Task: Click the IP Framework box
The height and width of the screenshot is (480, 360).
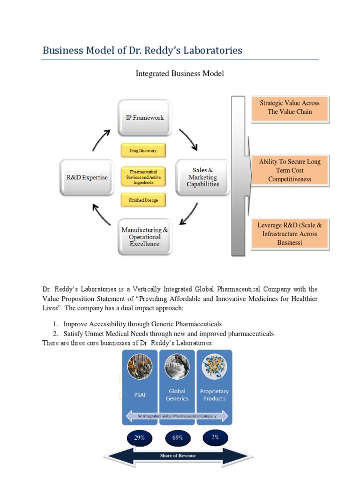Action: click(x=145, y=117)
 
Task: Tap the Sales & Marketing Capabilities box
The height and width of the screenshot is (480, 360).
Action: click(x=202, y=177)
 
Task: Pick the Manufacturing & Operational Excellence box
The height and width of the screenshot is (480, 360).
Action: click(x=145, y=237)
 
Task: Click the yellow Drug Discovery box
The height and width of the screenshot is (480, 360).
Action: click(x=143, y=150)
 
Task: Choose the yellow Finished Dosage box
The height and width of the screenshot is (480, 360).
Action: click(x=143, y=200)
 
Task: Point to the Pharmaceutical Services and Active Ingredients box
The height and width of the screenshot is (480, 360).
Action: click(x=143, y=177)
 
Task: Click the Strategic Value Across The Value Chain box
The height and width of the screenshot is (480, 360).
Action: click(x=290, y=108)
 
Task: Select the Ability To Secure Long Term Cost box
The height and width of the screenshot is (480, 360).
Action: click(x=290, y=170)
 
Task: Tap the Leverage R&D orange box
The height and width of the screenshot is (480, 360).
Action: click(x=290, y=233)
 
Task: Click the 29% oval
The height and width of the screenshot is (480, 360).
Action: click(x=139, y=437)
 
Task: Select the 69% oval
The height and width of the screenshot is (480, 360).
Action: click(x=177, y=438)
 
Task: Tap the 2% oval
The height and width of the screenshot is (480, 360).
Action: click(x=215, y=437)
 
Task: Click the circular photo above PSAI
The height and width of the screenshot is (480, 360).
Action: click(x=140, y=367)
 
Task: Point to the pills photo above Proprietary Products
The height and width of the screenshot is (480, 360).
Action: click(x=214, y=367)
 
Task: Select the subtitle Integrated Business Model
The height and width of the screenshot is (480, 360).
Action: click(x=180, y=74)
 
